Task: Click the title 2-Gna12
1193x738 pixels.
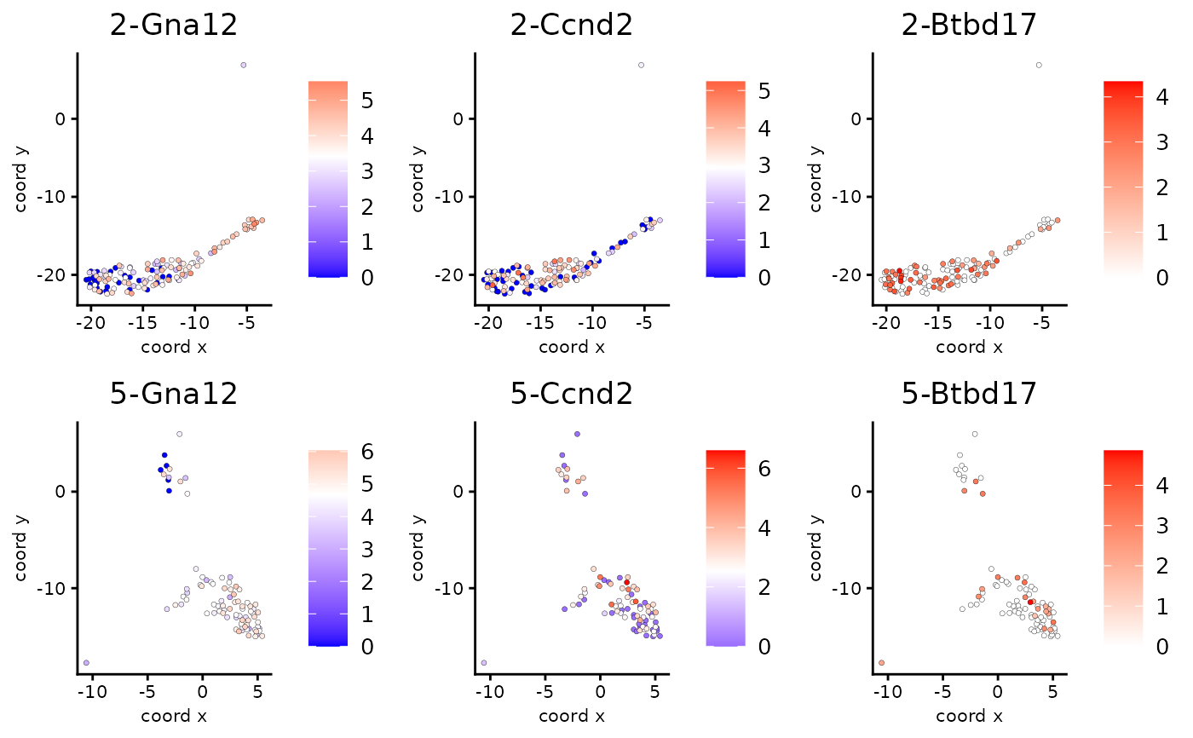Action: click(x=174, y=26)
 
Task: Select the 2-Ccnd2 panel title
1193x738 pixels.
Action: click(x=572, y=26)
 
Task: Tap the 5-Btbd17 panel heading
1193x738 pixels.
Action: click(x=969, y=393)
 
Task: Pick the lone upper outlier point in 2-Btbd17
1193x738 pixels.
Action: click(x=1039, y=65)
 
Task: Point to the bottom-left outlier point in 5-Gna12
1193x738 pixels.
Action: click(x=86, y=662)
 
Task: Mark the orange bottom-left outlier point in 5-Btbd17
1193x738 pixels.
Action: click(x=881, y=662)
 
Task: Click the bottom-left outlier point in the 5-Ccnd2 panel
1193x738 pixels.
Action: click(x=484, y=662)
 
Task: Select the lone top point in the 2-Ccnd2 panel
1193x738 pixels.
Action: click(x=641, y=65)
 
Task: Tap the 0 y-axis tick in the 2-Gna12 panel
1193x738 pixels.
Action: click(x=60, y=118)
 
